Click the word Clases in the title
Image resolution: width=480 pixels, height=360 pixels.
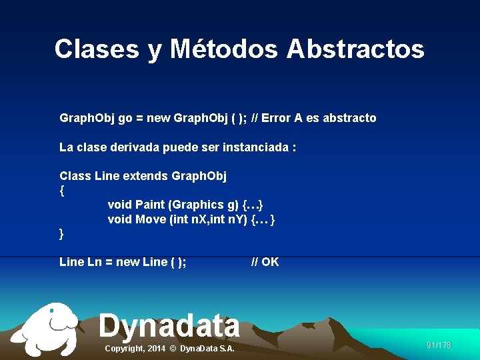[x=97, y=49]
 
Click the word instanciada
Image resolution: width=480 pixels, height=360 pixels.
[x=256, y=147]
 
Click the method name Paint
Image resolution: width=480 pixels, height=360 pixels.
[x=150, y=205]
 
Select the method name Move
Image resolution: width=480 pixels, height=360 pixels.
[x=151, y=219]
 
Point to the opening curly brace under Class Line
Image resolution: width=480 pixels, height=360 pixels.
[x=62, y=191]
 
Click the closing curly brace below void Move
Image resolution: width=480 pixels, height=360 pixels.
[x=62, y=234]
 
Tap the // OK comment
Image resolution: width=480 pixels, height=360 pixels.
[x=265, y=262]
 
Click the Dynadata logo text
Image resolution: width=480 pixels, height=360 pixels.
[x=169, y=326]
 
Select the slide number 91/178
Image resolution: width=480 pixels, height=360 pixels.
[x=439, y=345]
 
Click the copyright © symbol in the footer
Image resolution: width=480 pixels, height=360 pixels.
[x=172, y=349]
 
